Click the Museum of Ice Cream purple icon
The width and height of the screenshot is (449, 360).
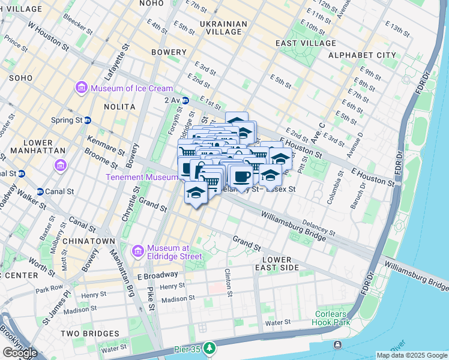point(81,89)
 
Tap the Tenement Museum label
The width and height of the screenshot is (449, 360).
point(142,177)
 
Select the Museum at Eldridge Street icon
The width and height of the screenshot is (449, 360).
point(138,249)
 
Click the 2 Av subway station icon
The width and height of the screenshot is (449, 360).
point(185,100)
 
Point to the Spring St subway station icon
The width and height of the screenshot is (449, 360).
point(87,120)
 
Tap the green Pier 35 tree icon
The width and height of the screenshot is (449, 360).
point(208,347)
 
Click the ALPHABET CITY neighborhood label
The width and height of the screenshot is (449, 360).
point(362,55)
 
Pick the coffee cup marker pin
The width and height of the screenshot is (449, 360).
point(242,177)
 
